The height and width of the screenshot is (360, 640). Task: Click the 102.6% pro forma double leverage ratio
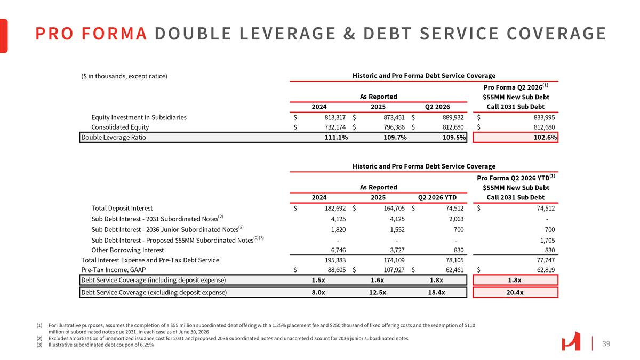(545, 138)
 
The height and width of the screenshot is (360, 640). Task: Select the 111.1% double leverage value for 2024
(336, 138)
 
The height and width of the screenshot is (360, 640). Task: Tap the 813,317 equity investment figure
(335, 117)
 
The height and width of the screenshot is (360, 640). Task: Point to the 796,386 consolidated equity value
(394, 127)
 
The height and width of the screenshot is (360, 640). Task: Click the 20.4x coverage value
(515, 293)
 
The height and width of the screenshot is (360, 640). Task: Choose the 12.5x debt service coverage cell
(378, 293)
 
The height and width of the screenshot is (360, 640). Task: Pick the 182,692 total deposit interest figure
(335, 209)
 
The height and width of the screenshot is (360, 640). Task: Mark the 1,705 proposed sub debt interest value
(547, 241)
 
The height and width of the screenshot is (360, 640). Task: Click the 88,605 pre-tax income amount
(337, 270)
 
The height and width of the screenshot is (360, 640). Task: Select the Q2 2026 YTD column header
(437, 197)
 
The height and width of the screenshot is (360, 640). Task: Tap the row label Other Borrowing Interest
(127, 250)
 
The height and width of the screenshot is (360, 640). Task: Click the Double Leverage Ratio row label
(114, 138)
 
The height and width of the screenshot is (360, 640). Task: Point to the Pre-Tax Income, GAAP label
(114, 270)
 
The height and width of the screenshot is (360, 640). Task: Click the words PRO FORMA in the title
(91, 34)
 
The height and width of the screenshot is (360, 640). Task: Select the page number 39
(606, 343)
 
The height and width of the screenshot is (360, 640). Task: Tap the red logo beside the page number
(571, 341)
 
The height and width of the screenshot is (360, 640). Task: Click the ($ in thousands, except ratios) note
(124, 76)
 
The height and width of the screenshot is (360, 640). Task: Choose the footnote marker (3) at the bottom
(39, 345)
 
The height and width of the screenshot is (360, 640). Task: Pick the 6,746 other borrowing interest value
(338, 250)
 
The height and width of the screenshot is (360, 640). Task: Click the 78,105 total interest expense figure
(454, 260)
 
